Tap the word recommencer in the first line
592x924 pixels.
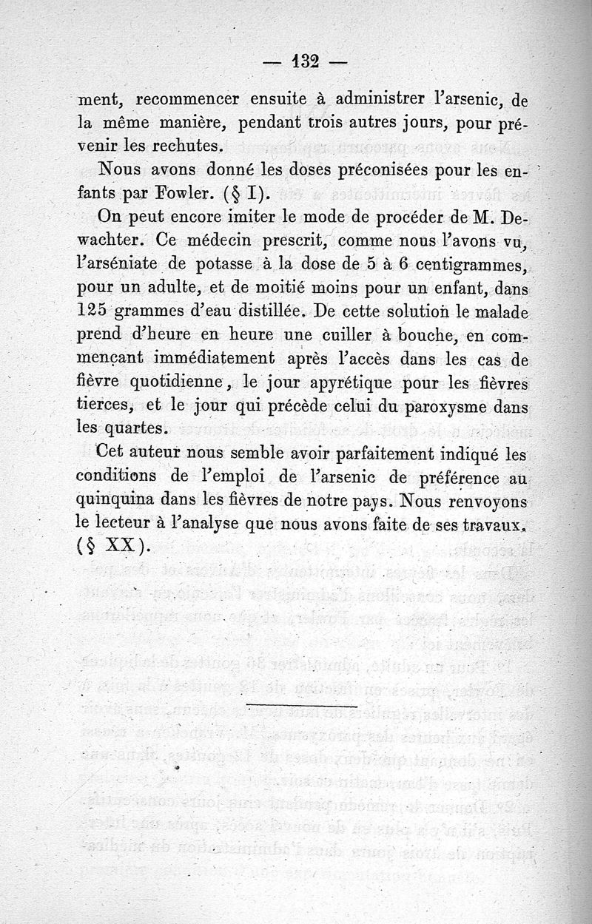pyautogui.click(x=187, y=98)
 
